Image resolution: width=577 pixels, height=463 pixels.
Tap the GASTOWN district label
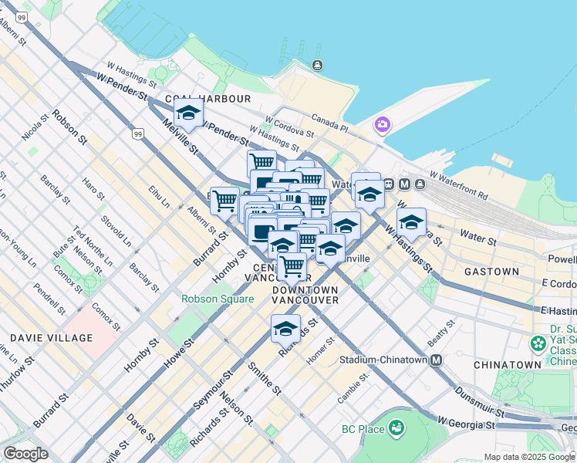coord(491,272)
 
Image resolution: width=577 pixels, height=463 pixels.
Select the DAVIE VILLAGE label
coord(51,338)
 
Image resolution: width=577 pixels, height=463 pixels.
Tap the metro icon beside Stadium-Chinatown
coord(437,360)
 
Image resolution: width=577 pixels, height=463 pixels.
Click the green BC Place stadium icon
coord(396,427)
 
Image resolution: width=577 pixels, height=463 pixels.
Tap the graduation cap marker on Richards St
coord(285,330)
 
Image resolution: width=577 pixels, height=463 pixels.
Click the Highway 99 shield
coord(137,135)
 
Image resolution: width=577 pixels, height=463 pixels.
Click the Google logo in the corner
coord(25,454)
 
